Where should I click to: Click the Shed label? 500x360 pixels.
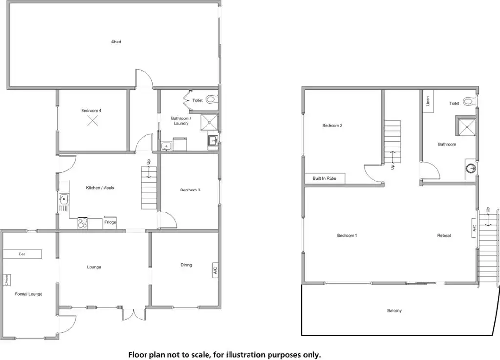click(x=116, y=42)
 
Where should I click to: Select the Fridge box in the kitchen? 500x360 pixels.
click(x=110, y=222)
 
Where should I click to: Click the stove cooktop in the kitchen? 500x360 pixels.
click(x=83, y=223)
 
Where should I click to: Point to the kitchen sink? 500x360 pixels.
click(x=64, y=199)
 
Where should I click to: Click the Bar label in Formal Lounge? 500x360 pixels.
click(x=22, y=254)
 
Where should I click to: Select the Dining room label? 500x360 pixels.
click(x=186, y=265)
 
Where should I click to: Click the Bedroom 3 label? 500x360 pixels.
click(x=190, y=190)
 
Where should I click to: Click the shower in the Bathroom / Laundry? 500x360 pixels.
click(x=210, y=123)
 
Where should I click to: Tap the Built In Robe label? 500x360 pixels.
click(x=325, y=178)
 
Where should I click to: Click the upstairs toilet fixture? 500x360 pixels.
click(x=469, y=102)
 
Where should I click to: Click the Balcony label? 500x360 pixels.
click(x=394, y=311)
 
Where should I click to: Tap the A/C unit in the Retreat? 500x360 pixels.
click(x=474, y=228)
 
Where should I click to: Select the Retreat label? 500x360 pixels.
click(x=444, y=236)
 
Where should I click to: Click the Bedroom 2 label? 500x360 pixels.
click(x=332, y=126)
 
